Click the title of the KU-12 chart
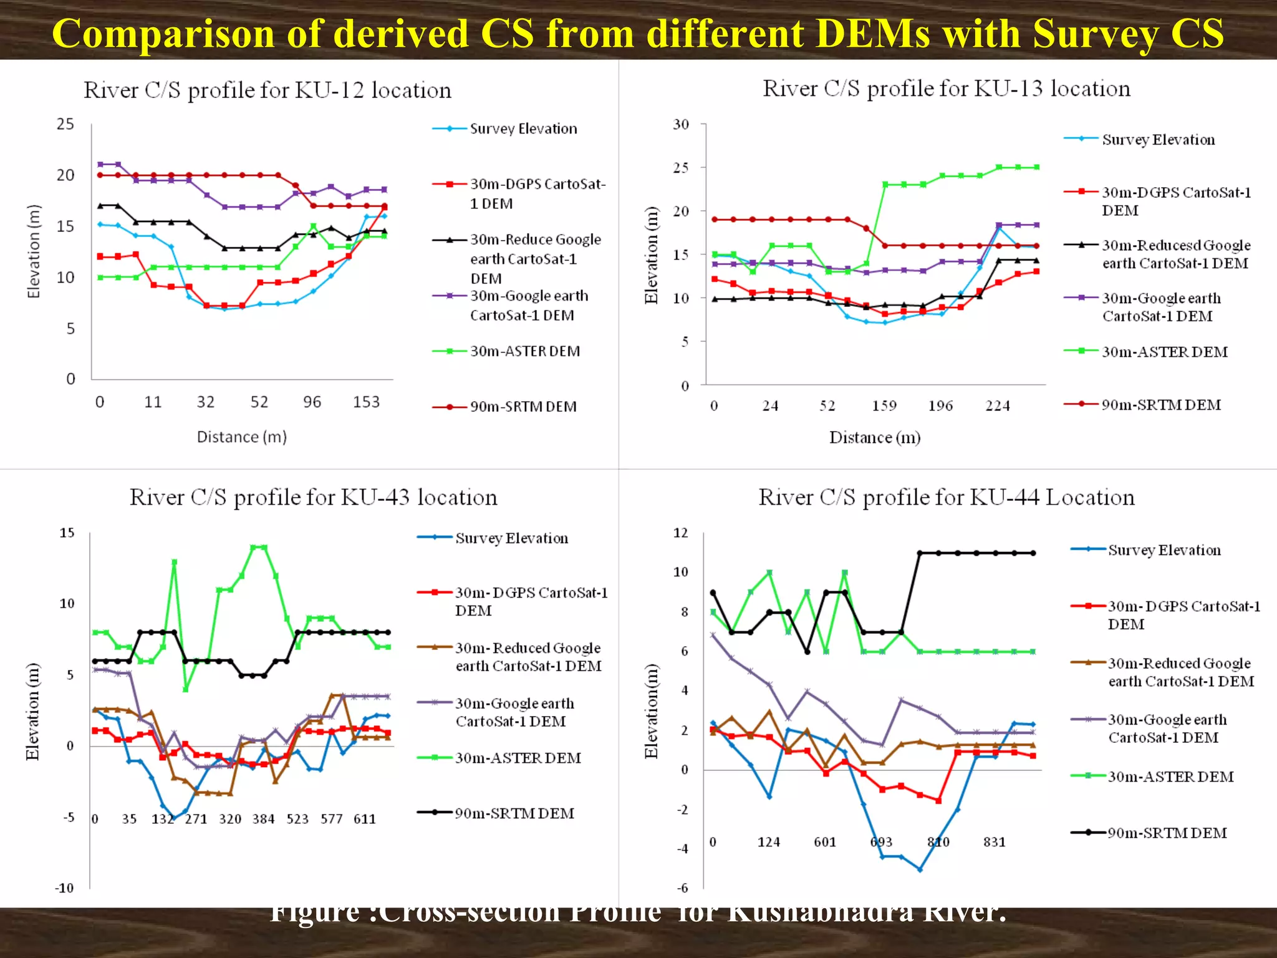click(267, 90)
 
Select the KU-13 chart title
click(946, 89)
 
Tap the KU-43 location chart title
click(313, 497)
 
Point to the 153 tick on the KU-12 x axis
click(366, 402)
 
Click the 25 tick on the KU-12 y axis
click(65, 124)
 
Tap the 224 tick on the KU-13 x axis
click(997, 406)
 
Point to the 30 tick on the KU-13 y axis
click(681, 124)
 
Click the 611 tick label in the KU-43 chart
click(365, 819)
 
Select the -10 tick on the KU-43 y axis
click(64, 888)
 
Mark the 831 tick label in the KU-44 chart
click(995, 842)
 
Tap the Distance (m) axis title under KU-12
click(241, 437)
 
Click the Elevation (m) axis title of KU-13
click(651, 254)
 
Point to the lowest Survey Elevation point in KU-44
click(920, 869)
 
